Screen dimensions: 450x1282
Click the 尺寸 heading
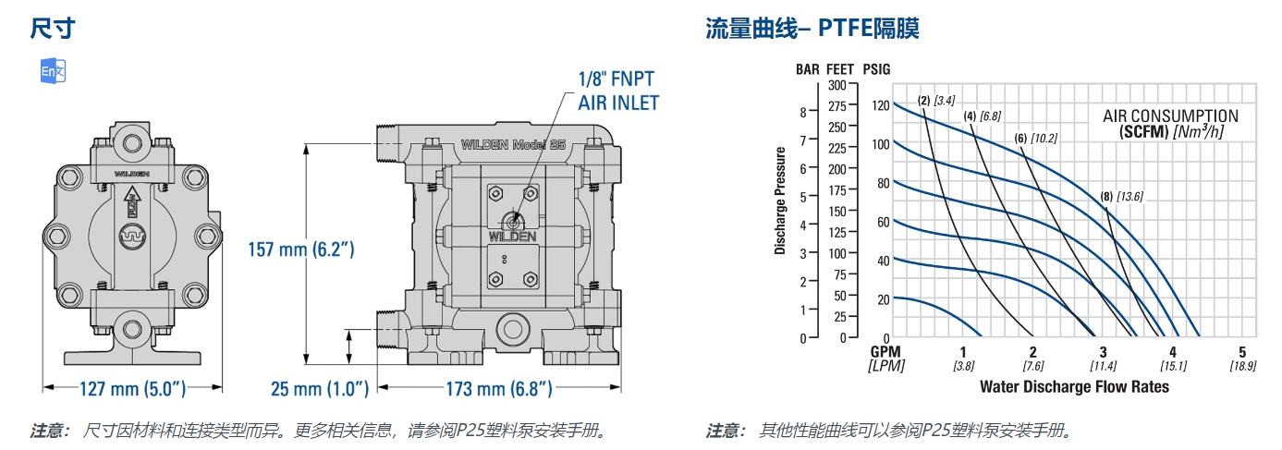pos(52,29)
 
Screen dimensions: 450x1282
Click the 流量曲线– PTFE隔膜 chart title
pos(812,29)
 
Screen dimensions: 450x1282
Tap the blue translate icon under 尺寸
pos(53,73)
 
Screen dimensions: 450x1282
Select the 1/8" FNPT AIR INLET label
pos(618,90)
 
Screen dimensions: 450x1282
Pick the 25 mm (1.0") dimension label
pos(320,389)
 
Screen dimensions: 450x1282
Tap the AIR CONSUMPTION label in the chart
pos(1170,116)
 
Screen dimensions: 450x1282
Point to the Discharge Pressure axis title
pos(780,201)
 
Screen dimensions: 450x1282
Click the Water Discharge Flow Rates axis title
pos(1074,386)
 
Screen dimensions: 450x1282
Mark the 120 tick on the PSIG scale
pos(878,105)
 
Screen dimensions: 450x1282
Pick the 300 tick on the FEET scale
pos(836,85)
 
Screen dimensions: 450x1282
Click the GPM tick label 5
pos(1242,352)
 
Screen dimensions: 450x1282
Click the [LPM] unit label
pos(885,366)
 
